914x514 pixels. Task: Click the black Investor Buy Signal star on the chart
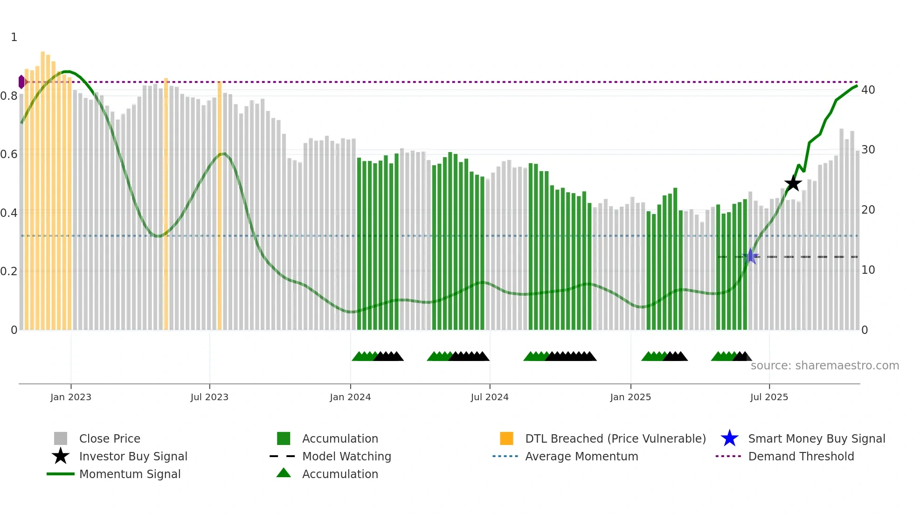793,183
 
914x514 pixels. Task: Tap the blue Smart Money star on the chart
750,256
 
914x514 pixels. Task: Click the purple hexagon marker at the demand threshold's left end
21,82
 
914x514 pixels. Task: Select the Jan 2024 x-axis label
350,397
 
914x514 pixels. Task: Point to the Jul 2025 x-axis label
769,397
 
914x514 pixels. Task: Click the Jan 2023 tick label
71,397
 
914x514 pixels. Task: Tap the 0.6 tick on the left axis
9,154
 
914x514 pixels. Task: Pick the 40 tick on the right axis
868,90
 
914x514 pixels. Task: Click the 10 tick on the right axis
868,270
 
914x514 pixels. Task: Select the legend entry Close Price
110,438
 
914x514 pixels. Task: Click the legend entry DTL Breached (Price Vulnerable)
615,438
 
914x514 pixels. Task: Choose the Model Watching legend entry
346,456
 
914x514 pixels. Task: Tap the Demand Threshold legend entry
801,456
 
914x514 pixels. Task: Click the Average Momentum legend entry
582,456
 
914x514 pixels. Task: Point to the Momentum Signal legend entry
130,474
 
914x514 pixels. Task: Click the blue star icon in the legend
729,438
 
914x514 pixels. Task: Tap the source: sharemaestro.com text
824,365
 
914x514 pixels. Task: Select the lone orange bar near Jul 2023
220,205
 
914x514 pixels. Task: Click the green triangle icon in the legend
284,473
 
